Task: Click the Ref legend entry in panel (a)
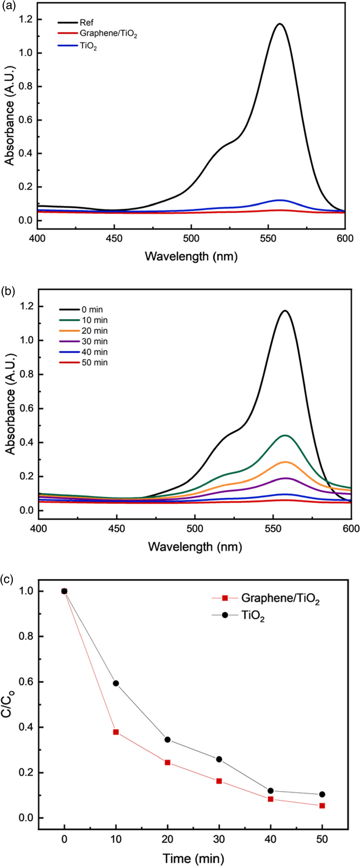86,23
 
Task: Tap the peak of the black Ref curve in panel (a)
280,24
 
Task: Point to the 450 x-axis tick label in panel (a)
114,238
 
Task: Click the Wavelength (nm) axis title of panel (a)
191,256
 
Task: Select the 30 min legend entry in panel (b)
94,341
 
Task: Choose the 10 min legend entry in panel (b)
94,320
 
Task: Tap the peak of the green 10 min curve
285,436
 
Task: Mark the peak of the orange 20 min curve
285,462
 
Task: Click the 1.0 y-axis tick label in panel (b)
26,340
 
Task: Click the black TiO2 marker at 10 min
116,683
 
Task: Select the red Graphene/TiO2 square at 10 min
116,732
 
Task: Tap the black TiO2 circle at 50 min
322,794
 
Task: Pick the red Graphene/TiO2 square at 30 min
219,781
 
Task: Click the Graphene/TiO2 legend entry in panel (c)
280,598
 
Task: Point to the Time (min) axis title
193,858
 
